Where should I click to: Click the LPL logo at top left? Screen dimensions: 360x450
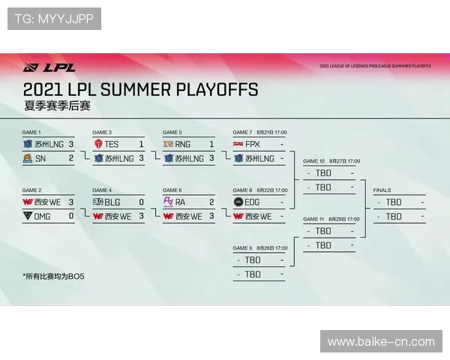[x=49, y=67]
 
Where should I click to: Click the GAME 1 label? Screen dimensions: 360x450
[x=31, y=132]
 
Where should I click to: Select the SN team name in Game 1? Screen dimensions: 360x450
[x=40, y=158]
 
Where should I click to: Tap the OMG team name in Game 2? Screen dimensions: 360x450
[x=43, y=216]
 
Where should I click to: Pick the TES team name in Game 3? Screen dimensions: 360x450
[x=112, y=144]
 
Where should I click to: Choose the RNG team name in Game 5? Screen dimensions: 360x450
[x=182, y=144]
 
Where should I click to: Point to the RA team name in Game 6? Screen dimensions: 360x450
[x=180, y=202]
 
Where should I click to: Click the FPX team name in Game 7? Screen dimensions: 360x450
[x=252, y=144]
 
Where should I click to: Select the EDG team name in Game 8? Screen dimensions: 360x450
[x=253, y=202]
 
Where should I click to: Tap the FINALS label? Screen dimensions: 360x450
[x=382, y=190]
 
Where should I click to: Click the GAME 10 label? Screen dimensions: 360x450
[x=313, y=160]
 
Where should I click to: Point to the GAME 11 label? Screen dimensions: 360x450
[x=313, y=219]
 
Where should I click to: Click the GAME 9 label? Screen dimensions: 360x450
[x=242, y=247]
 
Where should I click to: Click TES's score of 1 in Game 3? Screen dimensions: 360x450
[x=140, y=144]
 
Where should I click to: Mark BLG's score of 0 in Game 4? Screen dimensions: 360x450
[x=140, y=202]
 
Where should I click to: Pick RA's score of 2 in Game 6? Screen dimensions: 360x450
[x=211, y=202]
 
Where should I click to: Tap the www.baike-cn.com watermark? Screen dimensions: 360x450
[x=381, y=341]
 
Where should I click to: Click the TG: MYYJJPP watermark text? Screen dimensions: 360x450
[x=54, y=19]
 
